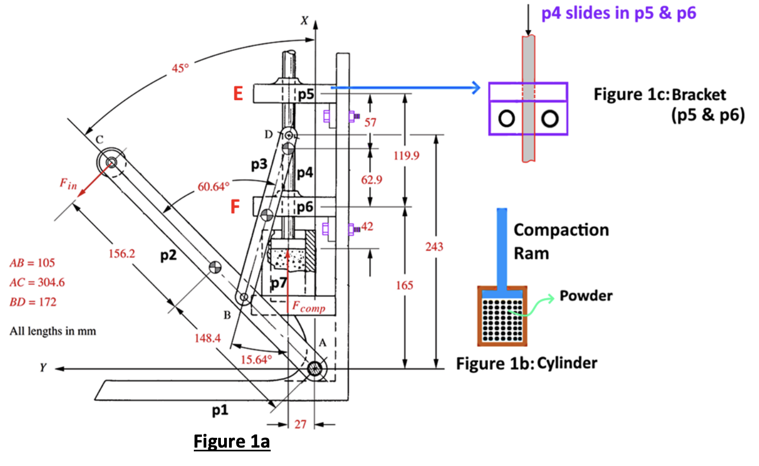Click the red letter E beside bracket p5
point(238,94)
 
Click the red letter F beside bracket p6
point(235,206)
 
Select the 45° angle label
point(180,68)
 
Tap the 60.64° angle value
point(213,187)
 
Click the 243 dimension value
point(434,247)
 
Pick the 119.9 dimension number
point(406,156)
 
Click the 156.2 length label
point(122,254)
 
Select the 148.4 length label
point(207,338)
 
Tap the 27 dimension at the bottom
point(300,424)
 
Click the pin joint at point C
point(111,162)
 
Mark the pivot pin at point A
point(314,370)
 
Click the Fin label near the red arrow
point(68,184)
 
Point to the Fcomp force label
point(309,307)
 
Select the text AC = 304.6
point(37,282)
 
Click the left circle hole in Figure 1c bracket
point(506,118)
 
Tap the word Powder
point(586,296)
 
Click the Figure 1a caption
point(232,442)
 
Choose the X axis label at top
point(304,21)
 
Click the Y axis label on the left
point(43,368)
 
